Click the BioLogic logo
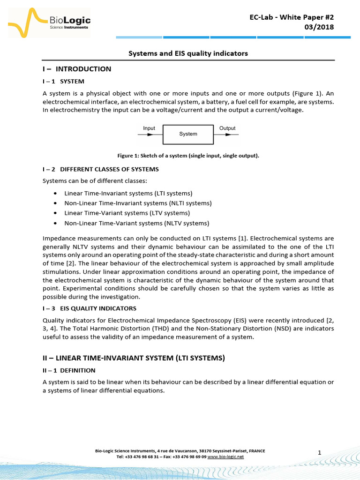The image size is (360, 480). pos(49,23)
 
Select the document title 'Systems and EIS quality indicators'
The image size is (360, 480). pos(188,53)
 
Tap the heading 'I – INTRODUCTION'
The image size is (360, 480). pos(77,69)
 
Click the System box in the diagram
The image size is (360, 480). pos(188,134)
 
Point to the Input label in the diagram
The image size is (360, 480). pos(149,128)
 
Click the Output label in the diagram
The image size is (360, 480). pos(227,128)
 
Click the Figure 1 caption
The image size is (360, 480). pos(188,156)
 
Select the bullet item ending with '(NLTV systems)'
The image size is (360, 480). pos(136,223)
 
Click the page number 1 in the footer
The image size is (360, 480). pos(319,452)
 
